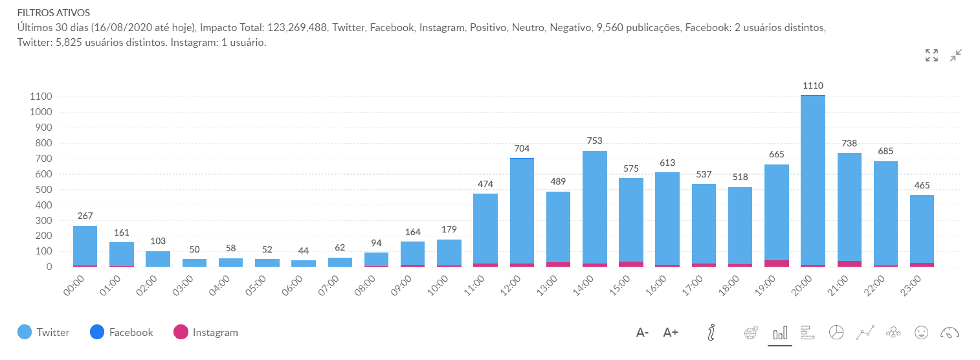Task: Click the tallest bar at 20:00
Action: [x=812, y=181]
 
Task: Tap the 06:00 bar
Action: [x=303, y=264]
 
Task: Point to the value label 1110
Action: [x=812, y=85]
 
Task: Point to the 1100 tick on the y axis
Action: [x=41, y=96]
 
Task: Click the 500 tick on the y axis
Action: [x=43, y=190]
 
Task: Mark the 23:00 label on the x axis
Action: [x=917, y=285]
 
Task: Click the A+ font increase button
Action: [x=671, y=333]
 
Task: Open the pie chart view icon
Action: [x=836, y=332]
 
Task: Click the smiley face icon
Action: [x=920, y=332]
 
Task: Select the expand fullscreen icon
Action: [x=931, y=56]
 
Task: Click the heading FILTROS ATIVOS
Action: [x=53, y=12]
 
